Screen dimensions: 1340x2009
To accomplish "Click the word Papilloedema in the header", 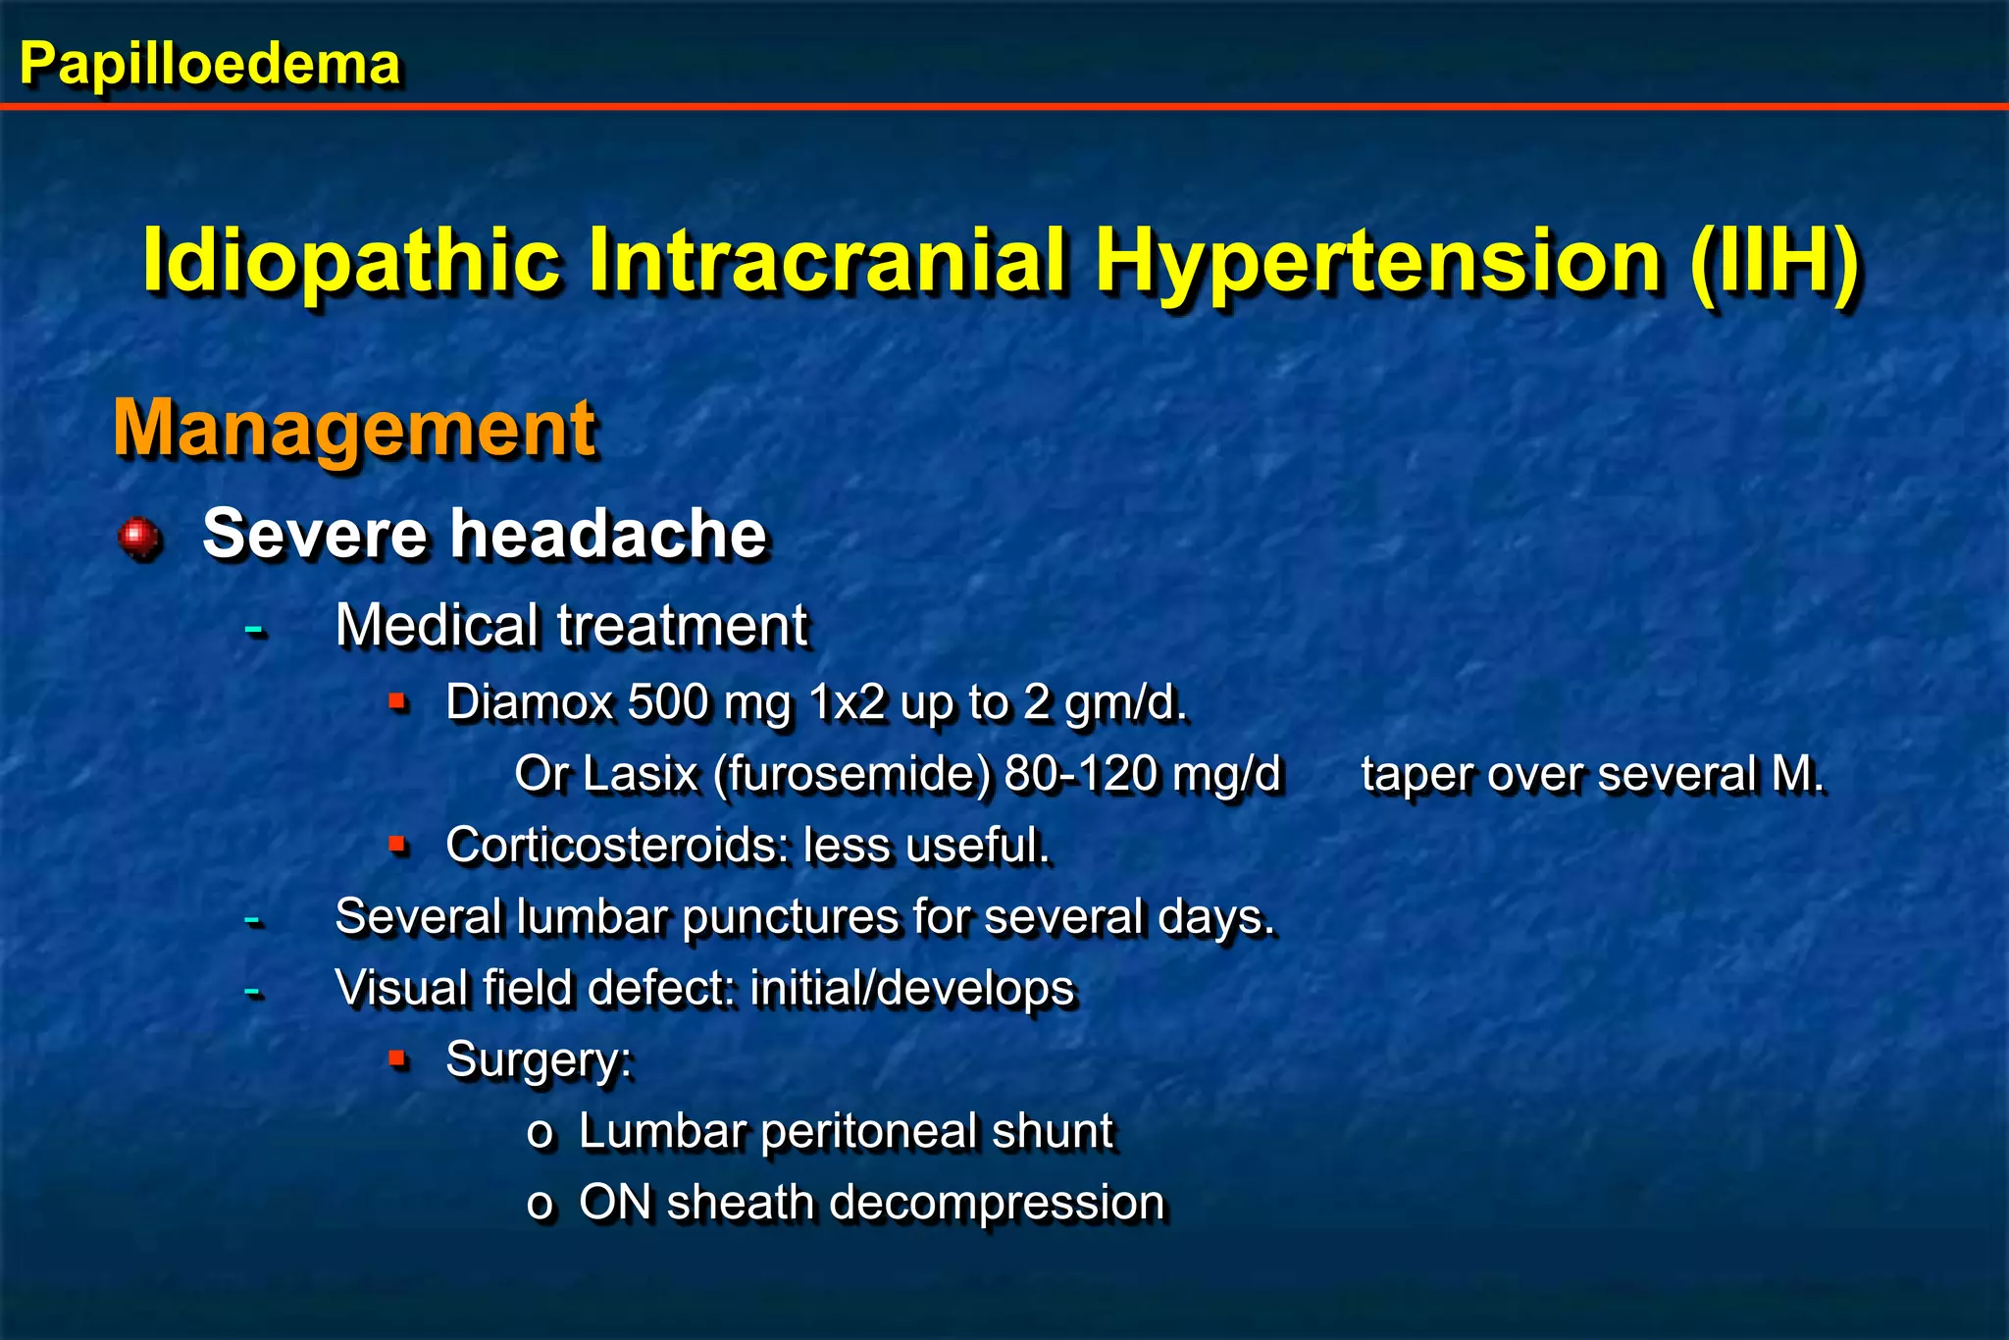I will click(x=210, y=65).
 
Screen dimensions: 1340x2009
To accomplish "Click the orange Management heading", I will click(x=354, y=429).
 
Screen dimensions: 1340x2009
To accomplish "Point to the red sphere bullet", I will click(x=139, y=537).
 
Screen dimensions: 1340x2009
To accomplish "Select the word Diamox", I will click(x=528, y=702).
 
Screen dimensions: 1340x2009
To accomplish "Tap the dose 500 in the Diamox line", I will click(x=668, y=702).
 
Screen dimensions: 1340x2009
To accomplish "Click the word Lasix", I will click(x=641, y=774).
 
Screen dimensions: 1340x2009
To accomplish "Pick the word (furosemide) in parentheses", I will click(x=852, y=774).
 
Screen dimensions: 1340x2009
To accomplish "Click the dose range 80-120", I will click(x=1081, y=774).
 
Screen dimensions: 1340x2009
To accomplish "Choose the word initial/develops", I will click(x=912, y=989).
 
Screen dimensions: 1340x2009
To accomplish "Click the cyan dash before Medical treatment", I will click(x=254, y=627).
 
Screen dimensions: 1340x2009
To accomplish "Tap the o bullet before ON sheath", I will click(x=540, y=1206).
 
